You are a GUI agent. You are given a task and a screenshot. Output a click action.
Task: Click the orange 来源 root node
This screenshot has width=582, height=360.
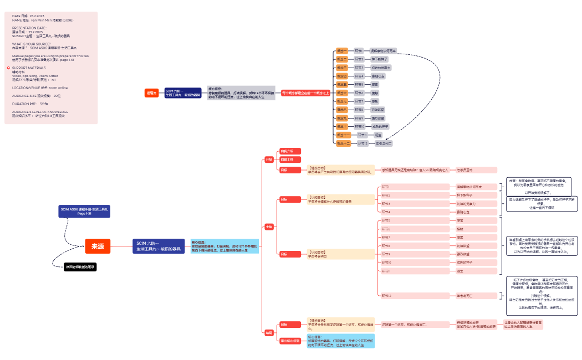coord(98,246)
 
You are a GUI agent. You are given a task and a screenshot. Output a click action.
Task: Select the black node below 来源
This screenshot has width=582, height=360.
coord(80,267)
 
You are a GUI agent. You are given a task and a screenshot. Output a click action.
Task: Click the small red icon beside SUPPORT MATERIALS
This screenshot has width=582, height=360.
coord(8,68)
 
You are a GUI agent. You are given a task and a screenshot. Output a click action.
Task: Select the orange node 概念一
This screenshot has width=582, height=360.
coord(342,50)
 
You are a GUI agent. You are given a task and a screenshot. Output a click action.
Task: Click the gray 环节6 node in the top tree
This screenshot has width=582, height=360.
coord(360,93)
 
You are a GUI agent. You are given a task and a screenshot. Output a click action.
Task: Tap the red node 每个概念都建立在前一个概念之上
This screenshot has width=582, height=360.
coord(305,93)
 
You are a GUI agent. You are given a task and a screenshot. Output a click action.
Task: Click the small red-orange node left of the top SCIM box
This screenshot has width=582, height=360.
coord(151,93)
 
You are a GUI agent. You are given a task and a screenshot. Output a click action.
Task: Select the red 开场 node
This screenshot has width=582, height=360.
coord(269,160)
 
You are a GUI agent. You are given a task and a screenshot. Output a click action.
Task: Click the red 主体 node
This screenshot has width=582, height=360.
coord(269,227)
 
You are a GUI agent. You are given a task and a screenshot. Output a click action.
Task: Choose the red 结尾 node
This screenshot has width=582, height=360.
coord(269,333)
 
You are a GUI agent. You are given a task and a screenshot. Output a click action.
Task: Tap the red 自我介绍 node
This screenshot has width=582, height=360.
coord(290,151)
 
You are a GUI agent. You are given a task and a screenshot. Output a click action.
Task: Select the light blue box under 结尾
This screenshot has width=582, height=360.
coord(340,341)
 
